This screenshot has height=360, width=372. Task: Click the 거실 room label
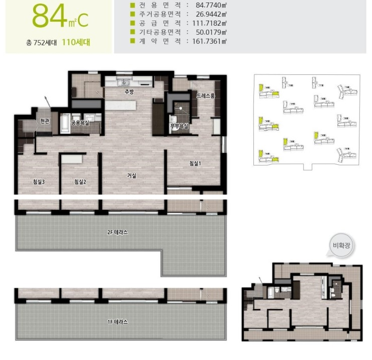coord(132,175)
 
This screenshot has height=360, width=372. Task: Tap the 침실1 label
coord(195,163)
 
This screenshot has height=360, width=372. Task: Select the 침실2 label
coord(80,182)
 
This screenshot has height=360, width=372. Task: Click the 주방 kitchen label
coord(129,92)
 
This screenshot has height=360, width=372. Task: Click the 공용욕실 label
coord(79,122)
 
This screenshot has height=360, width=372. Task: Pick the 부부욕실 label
coord(179,126)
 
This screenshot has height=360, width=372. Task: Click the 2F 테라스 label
coord(118,232)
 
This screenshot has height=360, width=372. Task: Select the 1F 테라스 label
coord(117,322)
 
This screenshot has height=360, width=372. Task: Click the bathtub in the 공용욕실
coord(65,124)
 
